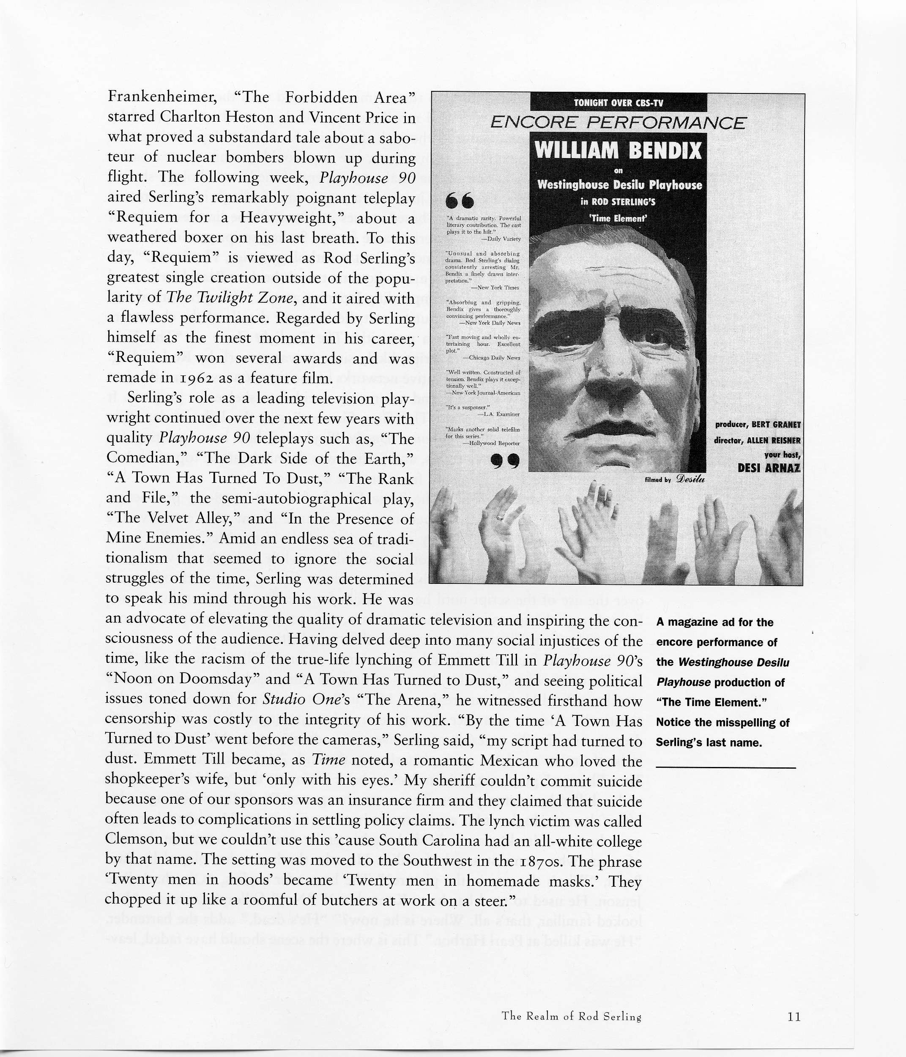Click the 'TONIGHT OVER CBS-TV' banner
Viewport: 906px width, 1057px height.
(618, 103)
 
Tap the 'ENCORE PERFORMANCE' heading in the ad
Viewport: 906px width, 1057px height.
(618, 123)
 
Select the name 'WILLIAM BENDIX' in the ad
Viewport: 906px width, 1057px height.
(618, 151)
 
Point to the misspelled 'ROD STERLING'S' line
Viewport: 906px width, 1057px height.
(618, 202)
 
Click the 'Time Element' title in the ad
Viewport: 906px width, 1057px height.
(618, 218)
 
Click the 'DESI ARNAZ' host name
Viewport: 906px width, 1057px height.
(769, 468)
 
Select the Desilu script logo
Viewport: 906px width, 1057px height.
(690, 478)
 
